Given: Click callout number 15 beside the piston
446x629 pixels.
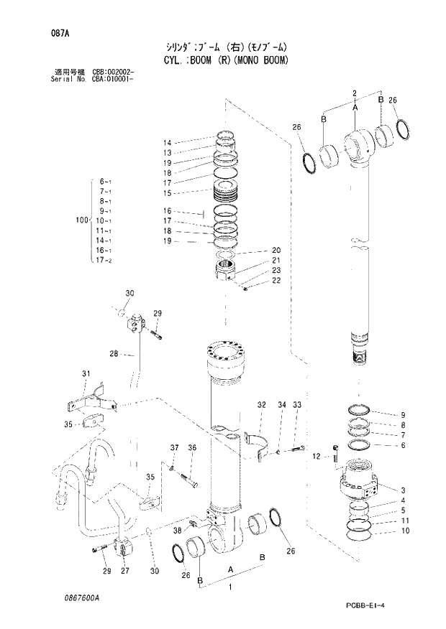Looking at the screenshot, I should pyautogui.click(x=166, y=193).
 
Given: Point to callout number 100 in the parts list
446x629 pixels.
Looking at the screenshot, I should pyautogui.click(x=81, y=219).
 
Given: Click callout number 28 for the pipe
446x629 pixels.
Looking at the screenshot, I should pyautogui.click(x=114, y=353).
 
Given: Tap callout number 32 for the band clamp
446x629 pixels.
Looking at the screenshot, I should pyautogui.click(x=262, y=406).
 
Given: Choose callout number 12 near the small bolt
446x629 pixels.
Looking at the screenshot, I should pyautogui.click(x=316, y=456).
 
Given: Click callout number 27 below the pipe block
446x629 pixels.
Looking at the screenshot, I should pyautogui.click(x=124, y=571).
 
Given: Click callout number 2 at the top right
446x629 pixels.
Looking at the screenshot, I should pyautogui.click(x=354, y=93).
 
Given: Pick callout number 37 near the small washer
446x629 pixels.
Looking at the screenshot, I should pyautogui.click(x=173, y=448).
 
